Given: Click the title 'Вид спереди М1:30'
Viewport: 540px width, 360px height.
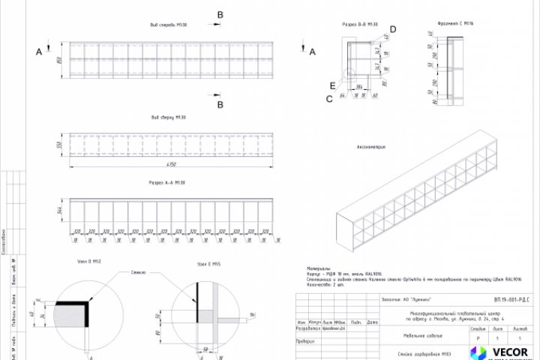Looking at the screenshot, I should [x=168, y=25].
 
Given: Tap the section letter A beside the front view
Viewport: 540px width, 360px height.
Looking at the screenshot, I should [x=38, y=51].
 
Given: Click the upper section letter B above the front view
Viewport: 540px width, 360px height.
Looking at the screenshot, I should [x=220, y=14].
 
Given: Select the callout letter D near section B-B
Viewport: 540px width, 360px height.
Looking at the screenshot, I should [x=393, y=29].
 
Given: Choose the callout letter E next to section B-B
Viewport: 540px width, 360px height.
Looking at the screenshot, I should [x=333, y=86].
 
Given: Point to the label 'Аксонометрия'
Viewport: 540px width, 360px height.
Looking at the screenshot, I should [x=371, y=147].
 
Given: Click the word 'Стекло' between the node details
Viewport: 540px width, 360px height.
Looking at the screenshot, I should [x=138, y=272].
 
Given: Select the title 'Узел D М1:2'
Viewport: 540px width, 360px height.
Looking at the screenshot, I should [x=89, y=261].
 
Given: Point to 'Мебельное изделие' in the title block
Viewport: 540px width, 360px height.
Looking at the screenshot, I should [x=414, y=337].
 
